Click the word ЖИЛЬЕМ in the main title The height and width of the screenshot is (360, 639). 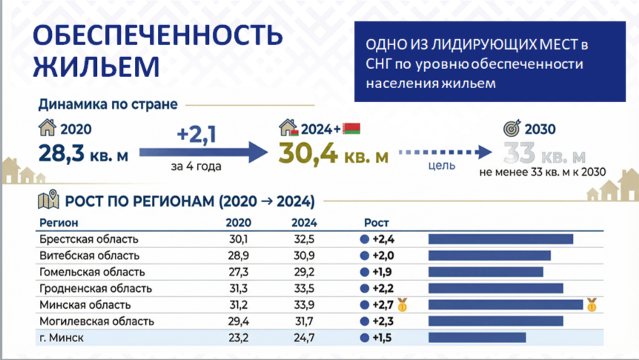click(x=96, y=66)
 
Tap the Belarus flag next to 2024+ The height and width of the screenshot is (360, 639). click(x=351, y=129)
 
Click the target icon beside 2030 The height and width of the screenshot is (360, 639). click(x=511, y=128)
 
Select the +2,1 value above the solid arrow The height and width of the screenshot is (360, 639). click(x=196, y=134)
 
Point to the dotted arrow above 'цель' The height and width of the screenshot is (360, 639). click(x=445, y=153)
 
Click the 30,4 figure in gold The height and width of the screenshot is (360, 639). click(x=308, y=154)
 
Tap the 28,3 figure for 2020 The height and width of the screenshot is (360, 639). click(x=62, y=153)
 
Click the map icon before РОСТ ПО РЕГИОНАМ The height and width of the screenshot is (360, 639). click(x=48, y=199)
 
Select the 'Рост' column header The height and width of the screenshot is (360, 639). click(x=376, y=223)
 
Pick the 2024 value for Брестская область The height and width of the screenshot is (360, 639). click(x=304, y=239)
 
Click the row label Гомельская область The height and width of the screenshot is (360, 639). click(x=92, y=272)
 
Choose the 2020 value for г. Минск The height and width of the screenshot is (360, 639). click(x=239, y=338)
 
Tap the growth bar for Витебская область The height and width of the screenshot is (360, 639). click(x=489, y=256)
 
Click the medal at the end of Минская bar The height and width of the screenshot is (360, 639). click(x=592, y=304)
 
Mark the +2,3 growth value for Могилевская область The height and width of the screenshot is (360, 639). click(x=383, y=321)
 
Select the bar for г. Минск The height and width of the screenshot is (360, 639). click(x=477, y=338)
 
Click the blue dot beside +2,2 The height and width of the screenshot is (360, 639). click(x=364, y=288)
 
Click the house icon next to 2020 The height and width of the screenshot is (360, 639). click(x=47, y=127)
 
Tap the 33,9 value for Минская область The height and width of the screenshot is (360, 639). click(x=304, y=305)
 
